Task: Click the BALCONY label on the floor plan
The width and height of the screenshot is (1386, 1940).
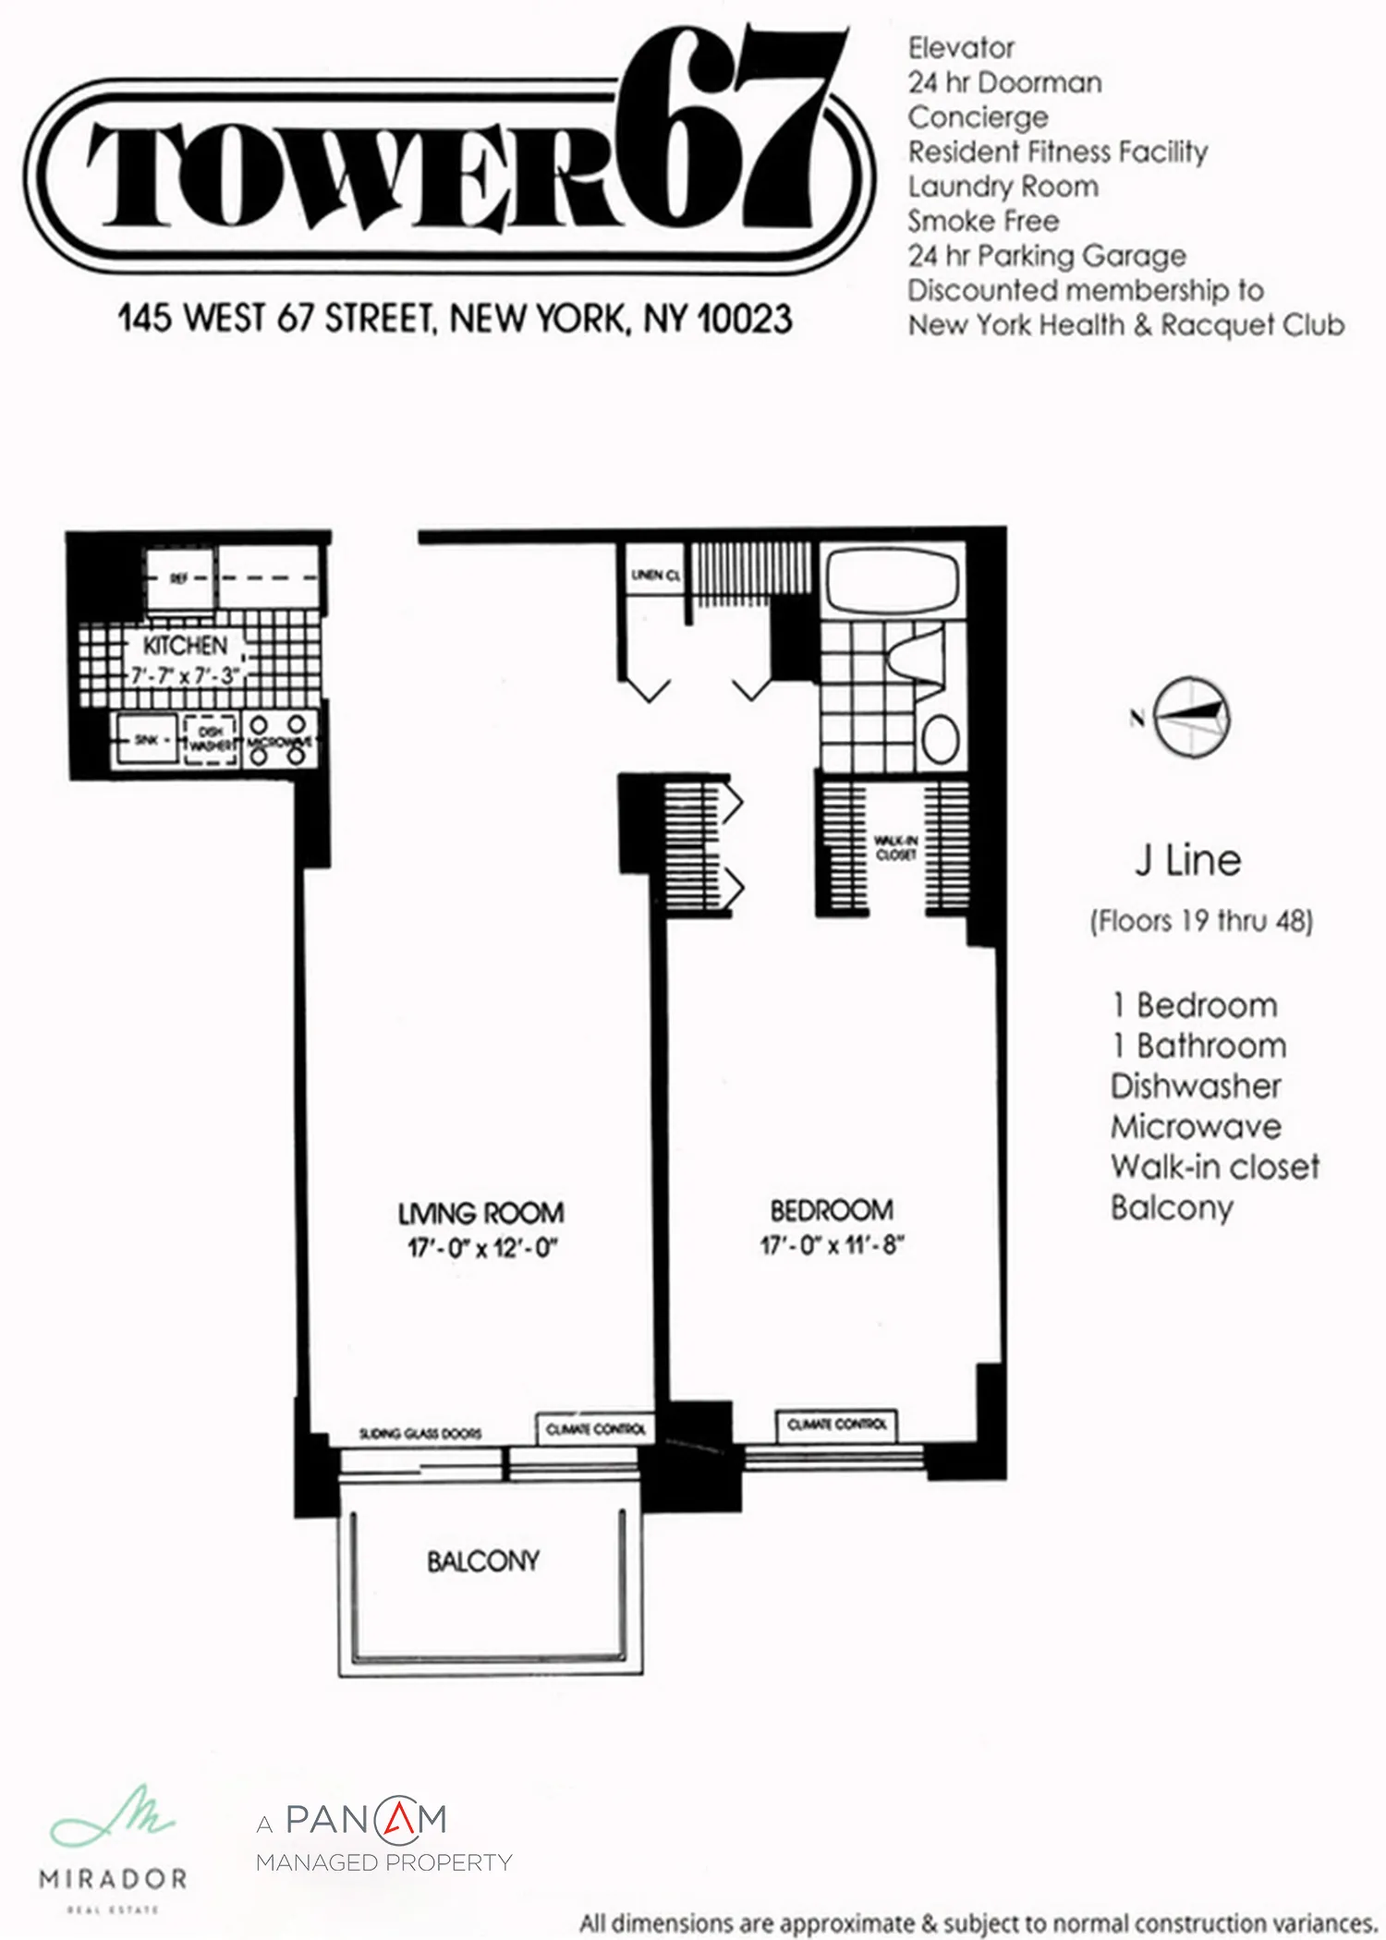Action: click(482, 1560)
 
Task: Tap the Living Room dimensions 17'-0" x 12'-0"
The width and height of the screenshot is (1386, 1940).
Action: click(482, 1248)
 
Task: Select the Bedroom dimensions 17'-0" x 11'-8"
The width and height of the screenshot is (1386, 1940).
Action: click(832, 1245)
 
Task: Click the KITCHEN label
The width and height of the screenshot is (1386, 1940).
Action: click(185, 645)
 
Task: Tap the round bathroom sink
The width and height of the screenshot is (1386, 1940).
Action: click(941, 739)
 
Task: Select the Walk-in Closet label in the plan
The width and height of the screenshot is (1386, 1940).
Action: click(895, 847)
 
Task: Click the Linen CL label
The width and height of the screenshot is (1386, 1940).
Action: click(655, 576)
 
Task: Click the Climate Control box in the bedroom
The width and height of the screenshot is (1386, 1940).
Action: click(836, 1425)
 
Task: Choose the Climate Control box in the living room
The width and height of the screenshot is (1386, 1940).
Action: click(595, 1429)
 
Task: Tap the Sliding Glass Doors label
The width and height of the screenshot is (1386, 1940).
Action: click(420, 1434)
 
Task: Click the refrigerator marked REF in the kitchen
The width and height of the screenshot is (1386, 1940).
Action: click(179, 578)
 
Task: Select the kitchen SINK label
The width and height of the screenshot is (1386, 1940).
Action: click(146, 740)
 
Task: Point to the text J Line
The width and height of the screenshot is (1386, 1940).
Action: click(1187, 861)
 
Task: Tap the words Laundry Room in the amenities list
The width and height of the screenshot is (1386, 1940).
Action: click(1003, 187)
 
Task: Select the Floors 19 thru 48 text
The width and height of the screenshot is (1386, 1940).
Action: click(1201, 921)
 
